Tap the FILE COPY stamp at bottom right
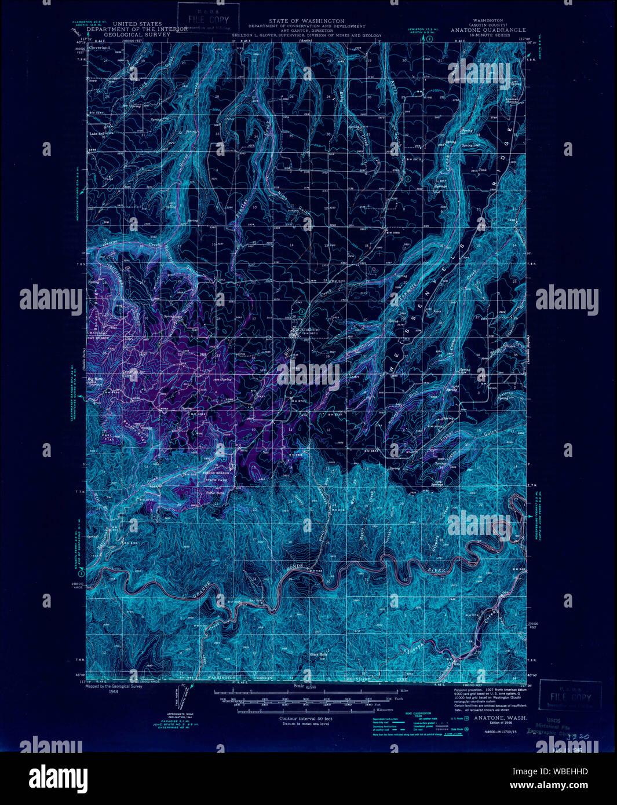click(x=570, y=695)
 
